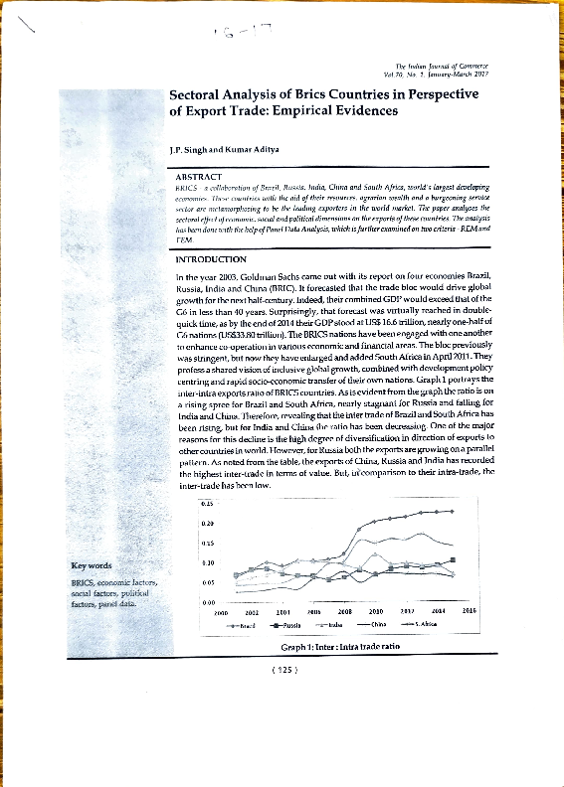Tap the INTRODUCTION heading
[209, 259]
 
